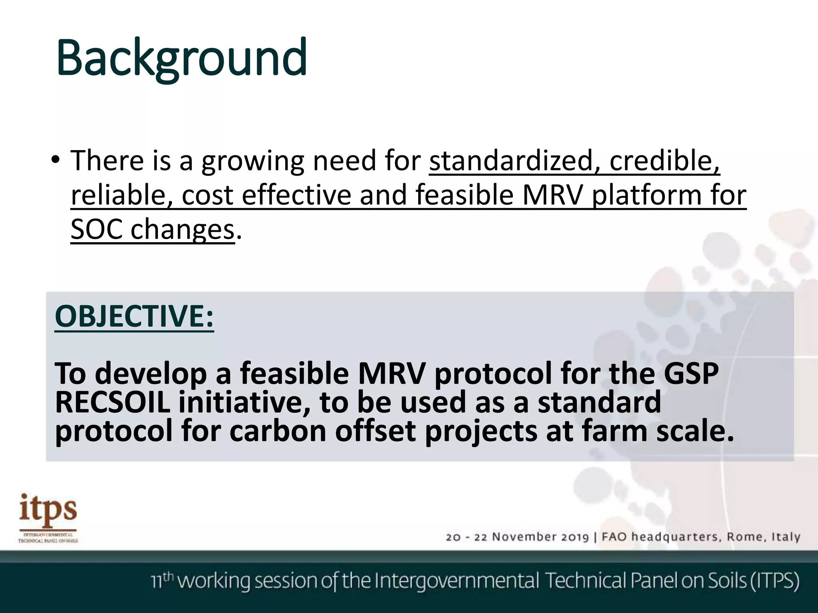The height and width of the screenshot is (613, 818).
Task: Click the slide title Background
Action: [x=182, y=58]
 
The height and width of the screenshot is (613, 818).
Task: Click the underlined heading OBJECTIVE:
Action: [x=134, y=316]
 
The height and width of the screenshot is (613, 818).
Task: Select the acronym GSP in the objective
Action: [x=691, y=374]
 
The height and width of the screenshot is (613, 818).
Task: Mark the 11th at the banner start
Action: [x=162, y=581]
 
